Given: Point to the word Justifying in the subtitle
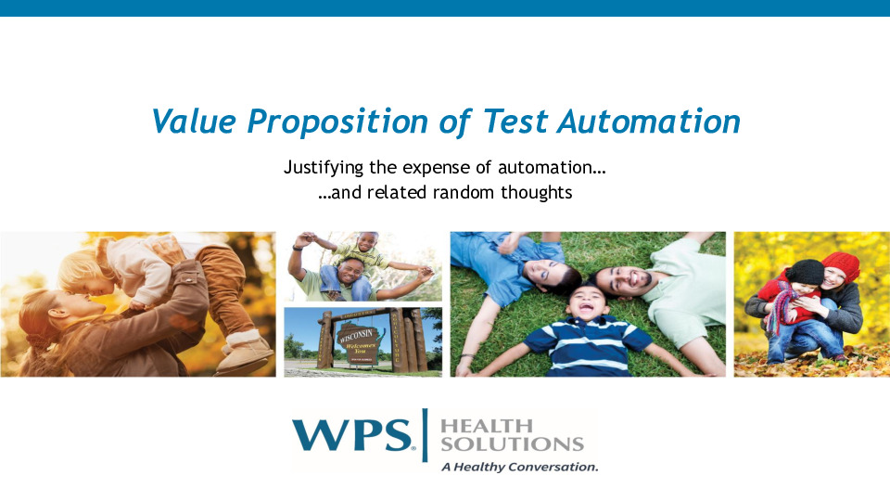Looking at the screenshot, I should (321, 169).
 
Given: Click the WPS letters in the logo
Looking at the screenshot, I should (352, 435).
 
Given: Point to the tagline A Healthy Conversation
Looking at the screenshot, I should (520, 467).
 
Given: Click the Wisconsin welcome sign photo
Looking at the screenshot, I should (363, 340).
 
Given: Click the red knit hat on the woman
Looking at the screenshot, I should (841, 264).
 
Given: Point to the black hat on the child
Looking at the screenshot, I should (807, 271).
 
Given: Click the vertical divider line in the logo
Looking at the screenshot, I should (426, 434).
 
